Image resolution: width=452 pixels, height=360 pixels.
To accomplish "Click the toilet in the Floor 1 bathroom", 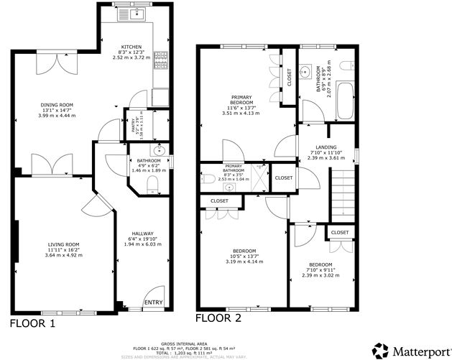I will (152, 185).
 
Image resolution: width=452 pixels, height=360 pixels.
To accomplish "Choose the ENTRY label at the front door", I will (153, 303).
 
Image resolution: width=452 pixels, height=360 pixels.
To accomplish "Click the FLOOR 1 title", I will (32, 323).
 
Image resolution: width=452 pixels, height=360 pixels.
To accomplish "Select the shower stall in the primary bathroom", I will (258, 176).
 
